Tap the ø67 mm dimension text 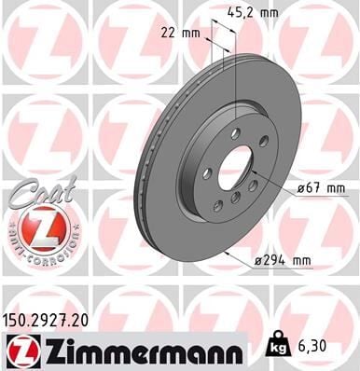click(x=320, y=190)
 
